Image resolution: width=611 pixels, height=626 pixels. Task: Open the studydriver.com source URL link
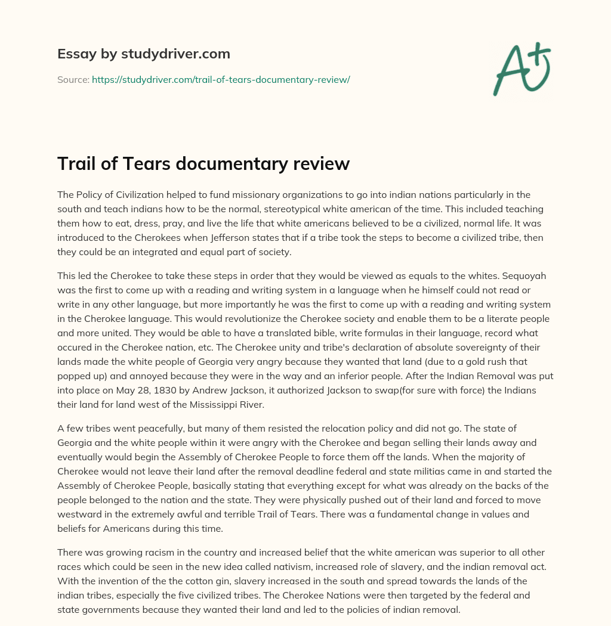coord(221,79)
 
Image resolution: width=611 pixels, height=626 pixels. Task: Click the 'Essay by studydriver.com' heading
coord(143,54)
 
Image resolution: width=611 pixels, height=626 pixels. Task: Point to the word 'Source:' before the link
coord(73,79)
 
